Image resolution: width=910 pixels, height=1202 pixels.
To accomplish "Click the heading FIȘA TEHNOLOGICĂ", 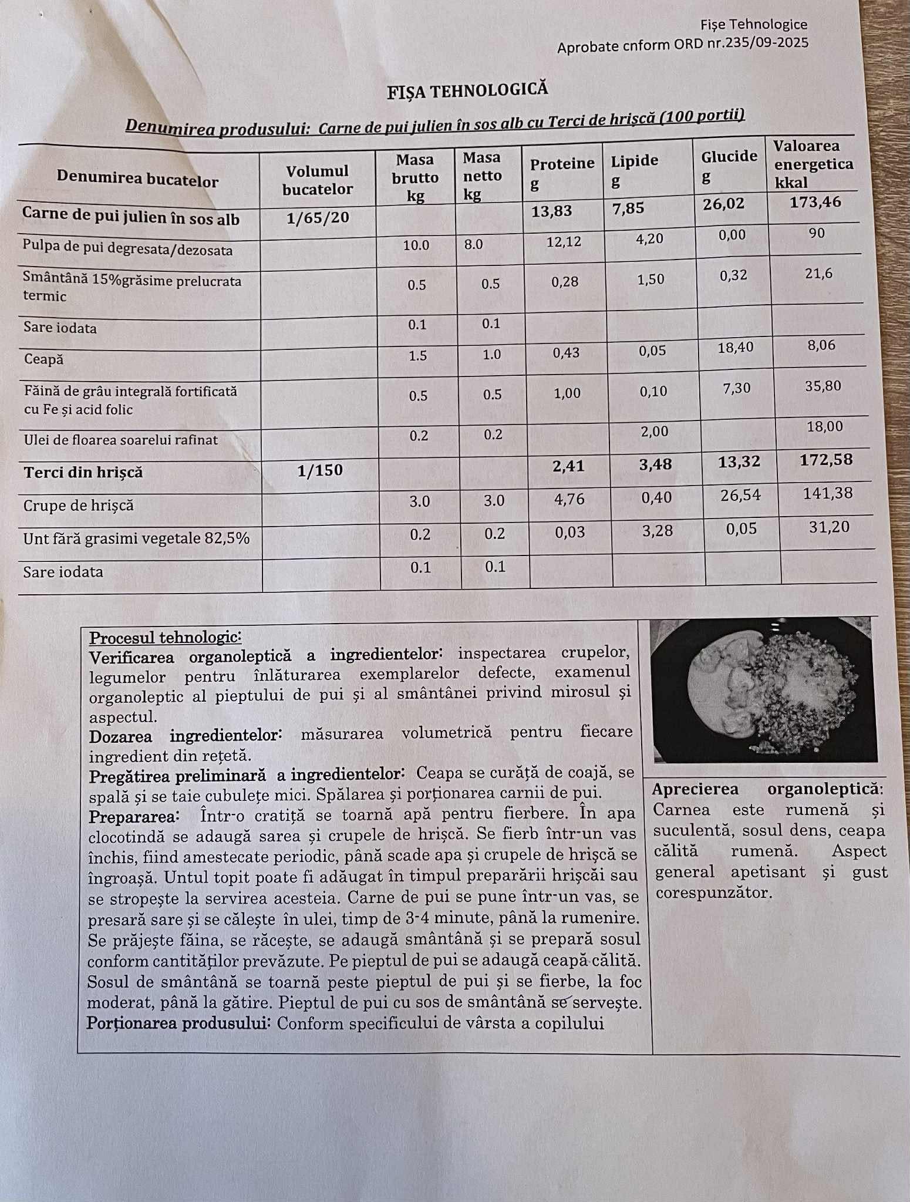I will [467, 90].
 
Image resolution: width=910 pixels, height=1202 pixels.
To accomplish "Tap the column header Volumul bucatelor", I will [317, 180].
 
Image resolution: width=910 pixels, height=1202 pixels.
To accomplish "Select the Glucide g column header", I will [729, 165].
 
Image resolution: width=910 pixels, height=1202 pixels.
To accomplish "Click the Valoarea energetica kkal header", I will [813, 164].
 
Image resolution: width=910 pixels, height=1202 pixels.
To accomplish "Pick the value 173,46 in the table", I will [815, 203].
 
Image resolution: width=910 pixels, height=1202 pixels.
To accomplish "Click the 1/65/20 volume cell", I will [318, 218].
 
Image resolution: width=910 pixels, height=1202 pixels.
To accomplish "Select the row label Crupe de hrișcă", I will [79, 506].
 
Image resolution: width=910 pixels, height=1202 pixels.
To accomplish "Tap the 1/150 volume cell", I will [320, 470].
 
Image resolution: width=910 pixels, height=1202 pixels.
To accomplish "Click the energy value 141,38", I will [827, 493].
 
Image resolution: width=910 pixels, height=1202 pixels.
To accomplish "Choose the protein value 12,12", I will [564, 241].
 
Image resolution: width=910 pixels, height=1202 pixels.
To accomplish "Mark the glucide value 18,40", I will [735, 348].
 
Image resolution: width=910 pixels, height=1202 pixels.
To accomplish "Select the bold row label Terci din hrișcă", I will [83, 472].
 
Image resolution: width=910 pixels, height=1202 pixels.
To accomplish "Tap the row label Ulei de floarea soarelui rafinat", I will [120, 440].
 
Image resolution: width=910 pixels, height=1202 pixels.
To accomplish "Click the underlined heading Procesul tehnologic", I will [165, 638].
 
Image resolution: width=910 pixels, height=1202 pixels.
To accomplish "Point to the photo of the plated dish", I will [763, 691].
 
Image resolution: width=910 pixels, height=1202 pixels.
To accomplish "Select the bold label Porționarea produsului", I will [177, 1023].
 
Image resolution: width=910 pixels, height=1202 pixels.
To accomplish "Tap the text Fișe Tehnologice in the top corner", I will [753, 25].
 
